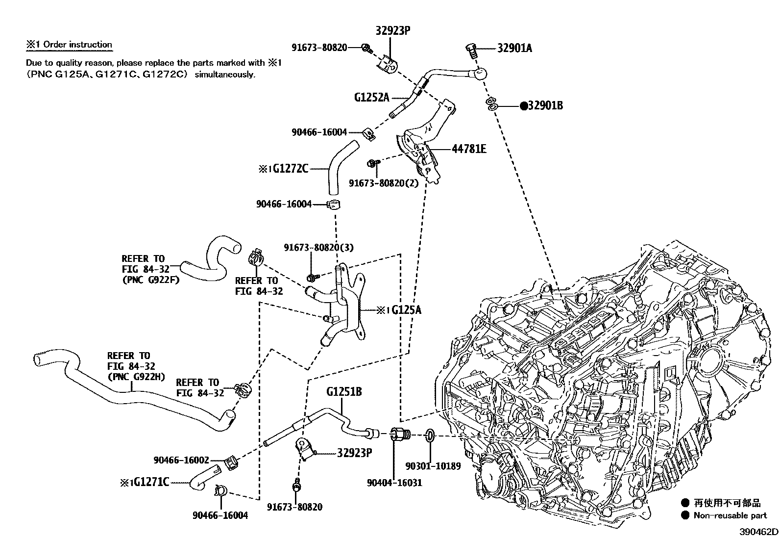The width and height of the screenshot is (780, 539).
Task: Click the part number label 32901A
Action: click(514, 48)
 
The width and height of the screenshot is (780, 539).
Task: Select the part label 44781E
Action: click(469, 149)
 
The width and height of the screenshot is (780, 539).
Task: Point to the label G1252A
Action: click(371, 97)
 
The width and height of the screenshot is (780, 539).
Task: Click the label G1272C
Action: click(291, 169)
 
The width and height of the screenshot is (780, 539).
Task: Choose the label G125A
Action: click(406, 310)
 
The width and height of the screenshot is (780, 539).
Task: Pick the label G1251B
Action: click(344, 392)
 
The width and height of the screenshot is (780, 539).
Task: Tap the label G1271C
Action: click(151, 482)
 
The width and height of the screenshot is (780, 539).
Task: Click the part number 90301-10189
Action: click(433, 465)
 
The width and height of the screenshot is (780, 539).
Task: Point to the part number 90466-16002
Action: click(181, 460)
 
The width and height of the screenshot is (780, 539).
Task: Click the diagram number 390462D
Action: click(759, 532)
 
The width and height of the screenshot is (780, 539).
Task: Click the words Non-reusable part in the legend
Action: click(730, 515)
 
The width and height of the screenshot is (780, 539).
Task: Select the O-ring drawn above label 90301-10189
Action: click(429, 435)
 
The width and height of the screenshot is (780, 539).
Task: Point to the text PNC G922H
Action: click(136, 377)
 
